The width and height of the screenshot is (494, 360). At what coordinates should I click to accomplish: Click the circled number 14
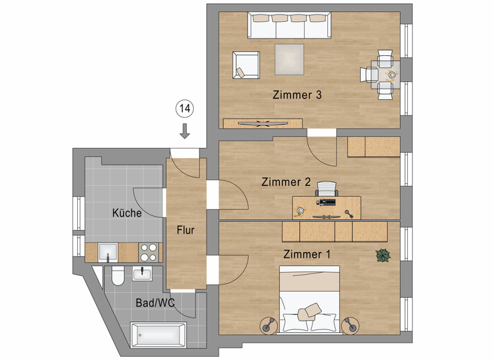(185, 109)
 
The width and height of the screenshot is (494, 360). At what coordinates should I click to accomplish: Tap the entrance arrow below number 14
(185, 131)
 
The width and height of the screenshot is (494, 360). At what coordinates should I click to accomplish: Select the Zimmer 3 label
(297, 95)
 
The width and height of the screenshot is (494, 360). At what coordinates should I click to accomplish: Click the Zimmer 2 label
(286, 182)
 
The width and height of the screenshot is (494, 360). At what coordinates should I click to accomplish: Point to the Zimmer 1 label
(307, 255)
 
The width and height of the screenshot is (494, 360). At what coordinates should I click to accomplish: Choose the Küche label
(127, 213)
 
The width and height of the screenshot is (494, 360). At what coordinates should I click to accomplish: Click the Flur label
(186, 230)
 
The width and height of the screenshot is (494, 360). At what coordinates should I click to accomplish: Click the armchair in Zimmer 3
(246, 66)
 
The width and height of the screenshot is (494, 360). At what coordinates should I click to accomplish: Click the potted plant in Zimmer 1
(383, 255)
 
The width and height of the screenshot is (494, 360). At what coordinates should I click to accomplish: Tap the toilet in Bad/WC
(117, 277)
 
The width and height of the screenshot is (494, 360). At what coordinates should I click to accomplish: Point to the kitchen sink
(107, 252)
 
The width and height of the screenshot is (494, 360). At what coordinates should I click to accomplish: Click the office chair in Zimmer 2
(327, 188)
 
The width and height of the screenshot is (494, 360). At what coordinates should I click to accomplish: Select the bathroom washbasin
(142, 274)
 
